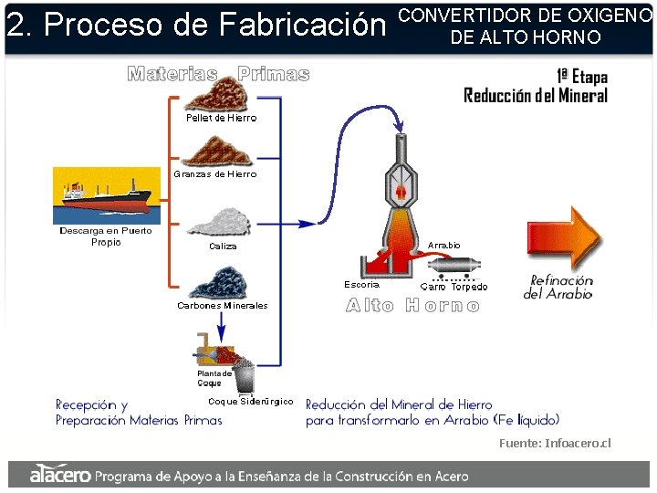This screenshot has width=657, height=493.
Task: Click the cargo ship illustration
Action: pyautogui.click(x=106, y=194)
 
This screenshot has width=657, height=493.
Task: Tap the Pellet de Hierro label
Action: pyautogui.click(x=221, y=118)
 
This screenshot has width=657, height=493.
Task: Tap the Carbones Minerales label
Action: pyautogui.click(x=223, y=305)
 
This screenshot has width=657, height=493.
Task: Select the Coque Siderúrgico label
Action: pyautogui.click(x=251, y=402)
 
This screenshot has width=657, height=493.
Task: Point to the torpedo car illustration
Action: pyautogui.click(x=455, y=267)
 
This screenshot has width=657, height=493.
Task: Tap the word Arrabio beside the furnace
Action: pyautogui.click(x=443, y=246)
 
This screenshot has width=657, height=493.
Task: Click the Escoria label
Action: pyautogui.click(x=361, y=285)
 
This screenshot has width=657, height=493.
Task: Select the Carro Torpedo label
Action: pyautogui.click(x=454, y=287)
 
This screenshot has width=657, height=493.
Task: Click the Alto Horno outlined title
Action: pyautogui.click(x=412, y=306)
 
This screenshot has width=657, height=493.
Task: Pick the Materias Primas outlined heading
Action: pyautogui.click(x=218, y=74)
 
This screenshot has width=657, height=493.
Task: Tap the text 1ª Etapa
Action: pyautogui.click(x=581, y=77)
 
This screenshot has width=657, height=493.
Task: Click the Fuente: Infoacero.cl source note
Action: pyautogui.click(x=555, y=444)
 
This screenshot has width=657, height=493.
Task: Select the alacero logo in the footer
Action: pyautogui.click(x=60, y=475)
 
